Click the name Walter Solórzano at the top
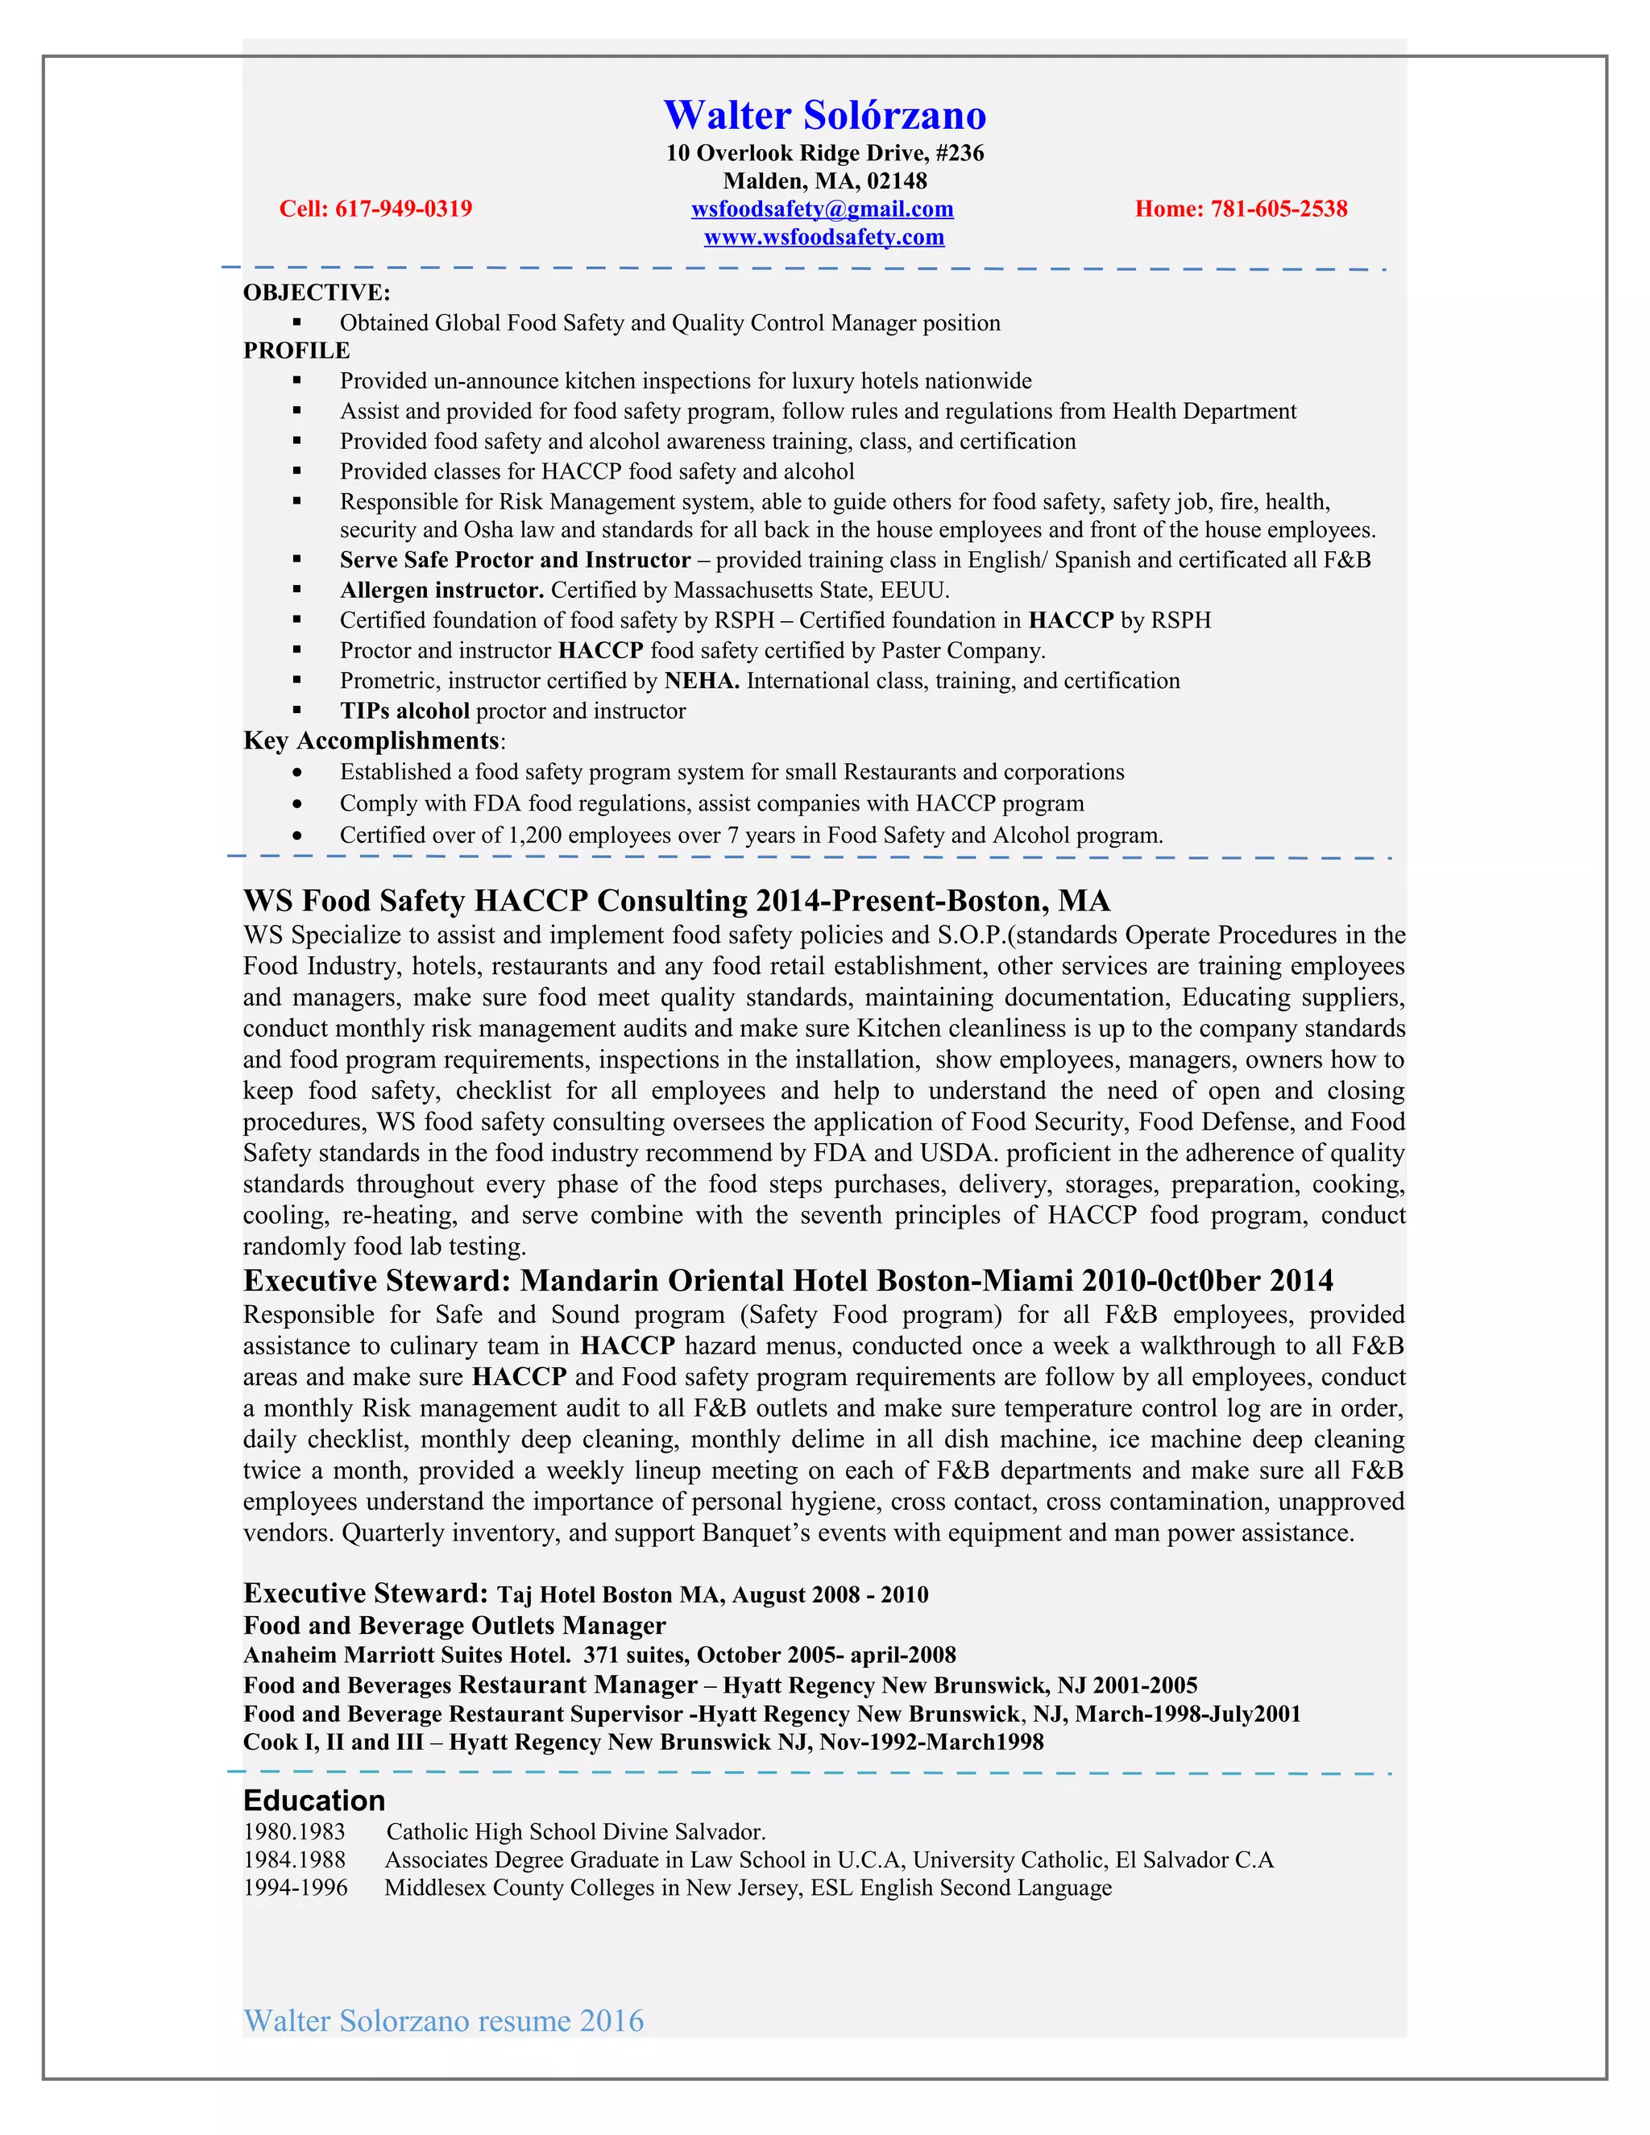824,115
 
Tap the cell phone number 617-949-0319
403,209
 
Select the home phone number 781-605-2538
1279,209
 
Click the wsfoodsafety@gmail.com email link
822,209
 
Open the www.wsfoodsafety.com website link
824,238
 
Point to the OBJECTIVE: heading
317,293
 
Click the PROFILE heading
296,351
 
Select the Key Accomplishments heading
371,741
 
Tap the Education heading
313,1801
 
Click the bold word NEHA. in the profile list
701,682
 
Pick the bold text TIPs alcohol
404,711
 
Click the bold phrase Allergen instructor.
441,591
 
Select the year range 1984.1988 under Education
294,1860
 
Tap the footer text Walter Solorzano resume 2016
443,2021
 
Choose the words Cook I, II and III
333,1742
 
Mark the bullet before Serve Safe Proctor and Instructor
297,560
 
